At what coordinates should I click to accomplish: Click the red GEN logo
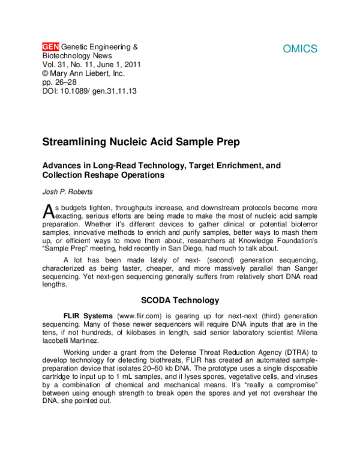click(x=51, y=46)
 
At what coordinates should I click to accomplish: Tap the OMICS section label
click(x=300, y=49)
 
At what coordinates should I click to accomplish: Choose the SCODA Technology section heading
click(x=180, y=300)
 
